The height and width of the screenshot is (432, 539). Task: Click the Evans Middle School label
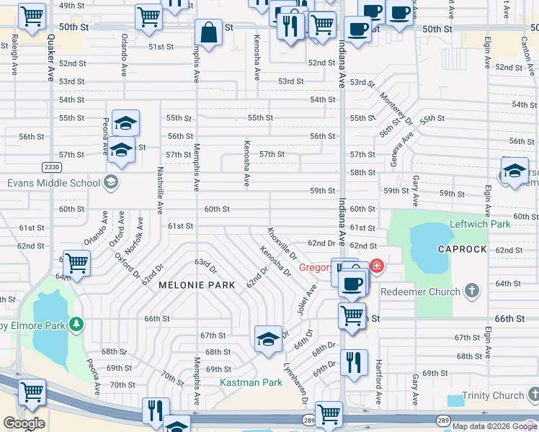coord(54,183)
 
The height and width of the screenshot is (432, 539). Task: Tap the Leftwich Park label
coord(480,224)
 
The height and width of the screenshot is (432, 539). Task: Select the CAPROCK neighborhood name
coord(463,249)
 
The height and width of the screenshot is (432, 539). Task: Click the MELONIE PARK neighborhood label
coord(197,286)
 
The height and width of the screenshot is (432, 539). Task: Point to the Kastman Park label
coord(251,382)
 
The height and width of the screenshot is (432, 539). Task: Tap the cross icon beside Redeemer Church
coord(471,291)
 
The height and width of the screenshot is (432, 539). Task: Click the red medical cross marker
coord(376,266)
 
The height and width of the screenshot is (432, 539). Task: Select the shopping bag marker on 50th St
coord(208,33)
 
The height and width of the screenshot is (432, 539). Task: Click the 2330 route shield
coord(51,167)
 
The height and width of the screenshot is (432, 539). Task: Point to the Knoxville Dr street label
coord(282,244)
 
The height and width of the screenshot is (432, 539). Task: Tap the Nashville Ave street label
coord(160,191)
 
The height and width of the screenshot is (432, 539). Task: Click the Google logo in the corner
coord(24,423)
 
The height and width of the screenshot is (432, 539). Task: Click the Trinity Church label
coord(493,395)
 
